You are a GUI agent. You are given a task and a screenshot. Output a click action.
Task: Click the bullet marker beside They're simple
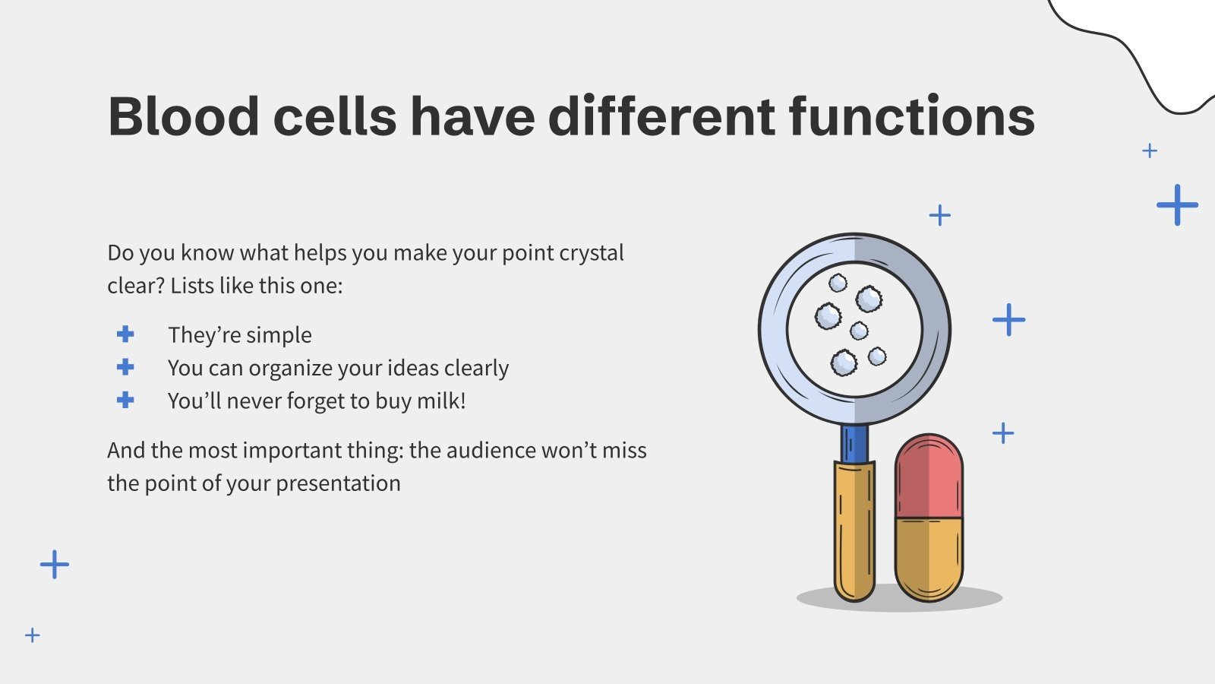(125, 334)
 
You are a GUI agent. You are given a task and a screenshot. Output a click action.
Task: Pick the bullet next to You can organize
(125, 367)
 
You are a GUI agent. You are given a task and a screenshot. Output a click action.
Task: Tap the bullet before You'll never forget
(125, 400)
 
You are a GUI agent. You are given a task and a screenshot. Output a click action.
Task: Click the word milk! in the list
(441, 401)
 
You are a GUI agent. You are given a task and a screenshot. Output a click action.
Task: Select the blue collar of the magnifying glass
(854, 442)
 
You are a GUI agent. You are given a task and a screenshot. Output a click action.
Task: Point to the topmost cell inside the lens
(838, 283)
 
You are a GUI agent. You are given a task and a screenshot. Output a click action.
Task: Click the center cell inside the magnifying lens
(859, 331)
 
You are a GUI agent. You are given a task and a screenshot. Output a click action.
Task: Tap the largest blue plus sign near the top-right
(1177, 204)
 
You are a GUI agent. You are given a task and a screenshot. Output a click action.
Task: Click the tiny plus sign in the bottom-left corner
(33, 635)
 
